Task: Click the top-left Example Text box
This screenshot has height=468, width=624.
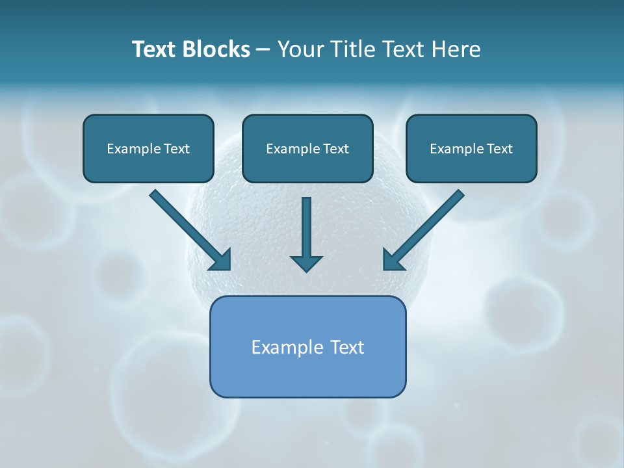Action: pyautogui.click(x=148, y=148)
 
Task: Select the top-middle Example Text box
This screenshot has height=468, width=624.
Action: pyautogui.click(x=307, y=148)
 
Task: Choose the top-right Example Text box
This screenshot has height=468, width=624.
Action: pyautogui.click(x=471, y=148)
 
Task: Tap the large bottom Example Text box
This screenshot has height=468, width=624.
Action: pyautogui.click(x=307, y=346)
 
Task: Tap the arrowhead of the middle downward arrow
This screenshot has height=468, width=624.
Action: pyautogui.click(x=306, y=263)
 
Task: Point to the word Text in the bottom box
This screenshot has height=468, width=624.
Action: pyautogui.click(x=347, y=347)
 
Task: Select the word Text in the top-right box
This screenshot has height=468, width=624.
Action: pyautogui.click(x=499, y=149)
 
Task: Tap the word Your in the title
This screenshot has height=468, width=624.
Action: pyautogui.click(x=299, y=49)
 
